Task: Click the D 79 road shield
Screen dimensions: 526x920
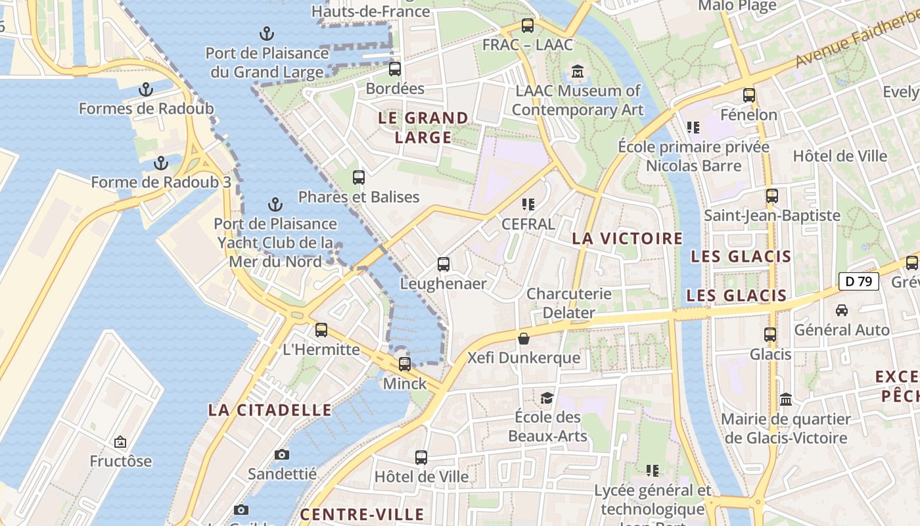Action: tap(858, 281)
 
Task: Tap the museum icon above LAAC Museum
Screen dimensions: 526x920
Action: tap(578, 71)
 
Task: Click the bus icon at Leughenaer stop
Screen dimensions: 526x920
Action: tap(444, 264)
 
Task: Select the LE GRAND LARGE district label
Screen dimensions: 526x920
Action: tap(423, 128)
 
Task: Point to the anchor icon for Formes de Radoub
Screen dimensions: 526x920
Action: tap(146, 89)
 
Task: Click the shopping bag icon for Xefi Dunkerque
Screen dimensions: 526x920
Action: tap(524, 339)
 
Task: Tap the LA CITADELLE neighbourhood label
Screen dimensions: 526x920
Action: tap(269, 410)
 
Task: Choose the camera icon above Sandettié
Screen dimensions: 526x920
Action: tap(282, 454)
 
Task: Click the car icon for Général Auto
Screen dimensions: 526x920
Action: tap(841, 310)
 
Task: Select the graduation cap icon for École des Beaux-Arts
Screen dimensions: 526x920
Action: tap(547, 398)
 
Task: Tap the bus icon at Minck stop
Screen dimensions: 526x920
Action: tap(405, 364)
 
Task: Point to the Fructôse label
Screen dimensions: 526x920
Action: tap(121, 461)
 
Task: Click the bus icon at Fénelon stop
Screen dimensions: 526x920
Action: tap(748, 95)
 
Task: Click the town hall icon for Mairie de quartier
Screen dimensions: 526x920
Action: tap(785, 400)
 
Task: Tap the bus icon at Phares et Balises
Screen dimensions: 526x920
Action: tap(359, 177)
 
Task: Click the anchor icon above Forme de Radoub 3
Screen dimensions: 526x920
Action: tap(161, 163)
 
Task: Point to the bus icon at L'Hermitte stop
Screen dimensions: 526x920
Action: tap(321, 329)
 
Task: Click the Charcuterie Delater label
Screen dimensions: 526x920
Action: tap(569, 303)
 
